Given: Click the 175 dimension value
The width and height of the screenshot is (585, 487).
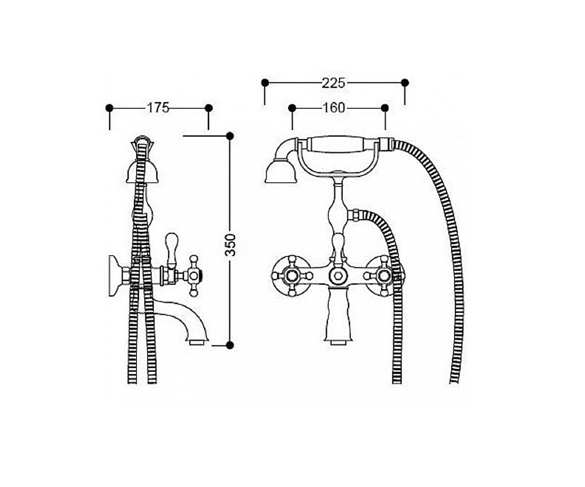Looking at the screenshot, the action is pyautogui.click(x=158, y=108).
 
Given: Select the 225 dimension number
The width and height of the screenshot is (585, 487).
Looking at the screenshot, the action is pyautogui.click(x=333, y=83).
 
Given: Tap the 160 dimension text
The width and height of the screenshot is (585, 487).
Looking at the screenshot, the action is pyautogui.click(x=333, y=108).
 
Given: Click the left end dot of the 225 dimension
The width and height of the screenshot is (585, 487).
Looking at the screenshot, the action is pyautogui.click(x=265, y=83).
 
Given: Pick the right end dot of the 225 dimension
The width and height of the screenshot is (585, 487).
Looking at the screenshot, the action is pyautogui.click(x=405, y=83).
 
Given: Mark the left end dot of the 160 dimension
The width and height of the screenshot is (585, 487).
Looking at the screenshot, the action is pyautogui.click(x=292, y=108).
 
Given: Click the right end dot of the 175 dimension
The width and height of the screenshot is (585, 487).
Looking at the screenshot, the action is pyautogui.click(x=209, y=108).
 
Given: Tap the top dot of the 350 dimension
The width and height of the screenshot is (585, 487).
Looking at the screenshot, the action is pyautogui.click(x=230, y=136).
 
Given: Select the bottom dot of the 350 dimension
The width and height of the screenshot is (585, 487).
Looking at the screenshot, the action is pyautogui.click(x=230, y=345).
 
